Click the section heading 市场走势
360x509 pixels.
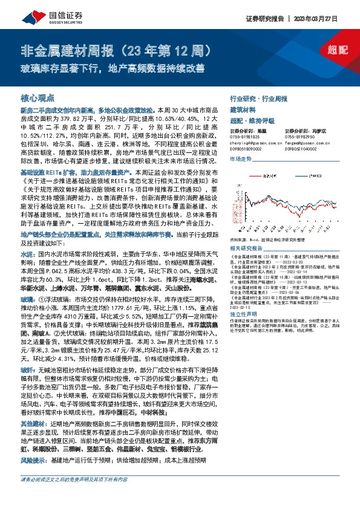coord(240,158)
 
